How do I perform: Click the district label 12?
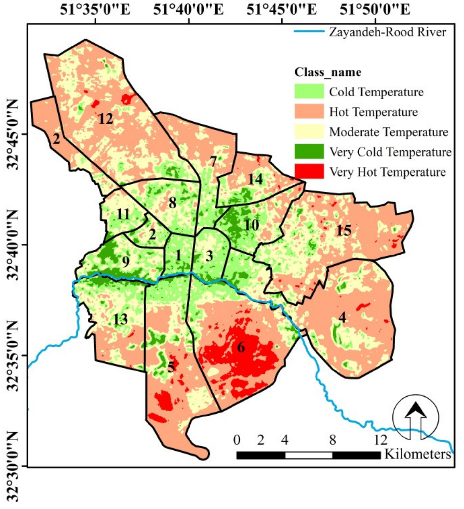106,119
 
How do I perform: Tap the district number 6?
241,347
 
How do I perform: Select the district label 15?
344,230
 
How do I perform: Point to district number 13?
120,319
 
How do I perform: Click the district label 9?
125,262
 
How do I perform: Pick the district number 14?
255,179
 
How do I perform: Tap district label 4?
342,317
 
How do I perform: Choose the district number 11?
123,214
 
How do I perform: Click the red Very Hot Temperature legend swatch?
309,171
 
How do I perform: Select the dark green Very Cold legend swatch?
309,151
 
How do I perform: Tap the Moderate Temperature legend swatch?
309,132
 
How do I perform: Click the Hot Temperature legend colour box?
309,111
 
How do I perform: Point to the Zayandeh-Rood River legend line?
309,32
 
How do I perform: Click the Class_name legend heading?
328,72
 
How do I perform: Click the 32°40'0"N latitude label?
13,245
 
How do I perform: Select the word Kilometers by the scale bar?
418,454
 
